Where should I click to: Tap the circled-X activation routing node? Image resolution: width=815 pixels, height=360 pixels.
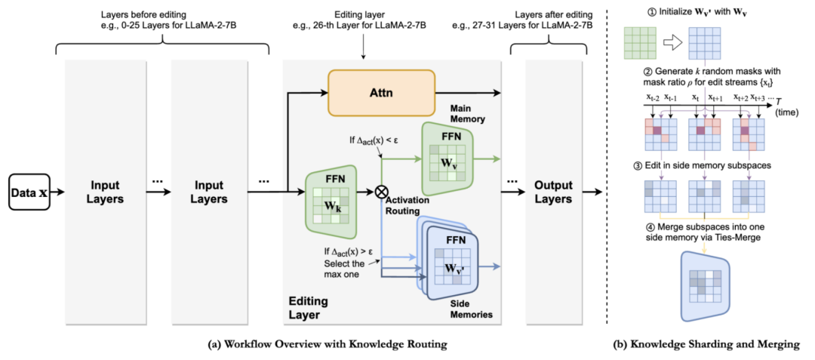click(x=381, y=192)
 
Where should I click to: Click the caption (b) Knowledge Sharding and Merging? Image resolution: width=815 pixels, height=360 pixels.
click(x=707, y=345)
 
